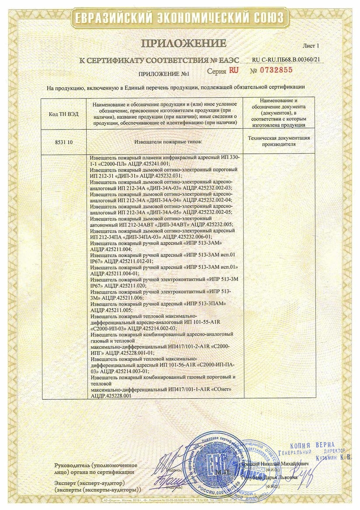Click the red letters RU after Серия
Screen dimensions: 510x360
click(234, 70)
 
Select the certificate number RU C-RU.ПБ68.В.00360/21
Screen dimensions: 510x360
click(290, 60)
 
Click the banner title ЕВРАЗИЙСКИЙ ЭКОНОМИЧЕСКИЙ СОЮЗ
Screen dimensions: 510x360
click(180, 18)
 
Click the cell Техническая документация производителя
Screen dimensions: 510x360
click(279, 141)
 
